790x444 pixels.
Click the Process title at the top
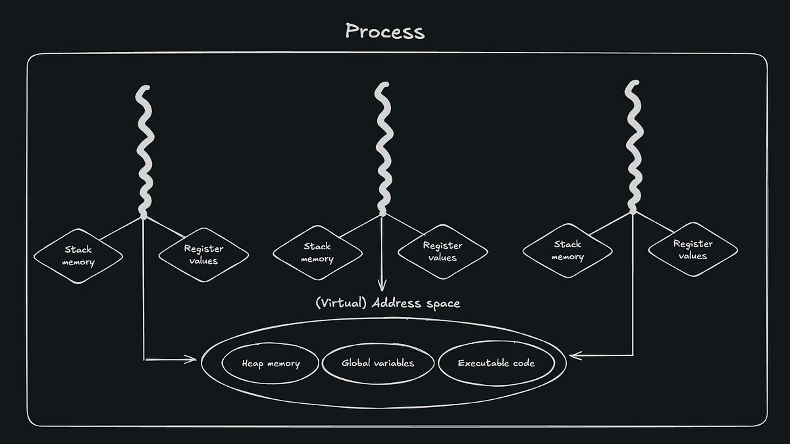385,31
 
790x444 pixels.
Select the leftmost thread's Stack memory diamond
78,256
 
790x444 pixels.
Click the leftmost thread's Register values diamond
203,255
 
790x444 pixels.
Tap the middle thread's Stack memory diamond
317,253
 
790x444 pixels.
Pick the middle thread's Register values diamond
442,252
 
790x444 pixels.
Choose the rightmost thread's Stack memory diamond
567,251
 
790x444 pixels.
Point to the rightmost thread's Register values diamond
693,250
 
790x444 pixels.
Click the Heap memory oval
271,363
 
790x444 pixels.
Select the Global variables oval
378,362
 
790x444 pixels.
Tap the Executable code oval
496,362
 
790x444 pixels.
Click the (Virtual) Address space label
387,303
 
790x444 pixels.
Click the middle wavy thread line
382,148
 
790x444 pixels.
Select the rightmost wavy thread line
633,146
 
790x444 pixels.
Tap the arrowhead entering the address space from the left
192,359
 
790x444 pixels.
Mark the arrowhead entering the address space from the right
574,356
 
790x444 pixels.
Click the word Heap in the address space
253,363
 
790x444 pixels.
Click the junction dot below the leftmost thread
144,215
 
